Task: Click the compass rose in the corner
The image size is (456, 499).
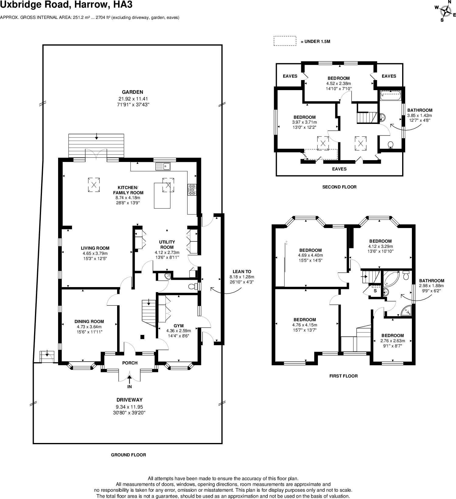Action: click(446, 12)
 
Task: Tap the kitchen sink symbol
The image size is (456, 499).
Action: click(163, 166)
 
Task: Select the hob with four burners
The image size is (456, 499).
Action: click(192, 189)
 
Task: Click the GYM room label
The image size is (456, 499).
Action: click(179, 326)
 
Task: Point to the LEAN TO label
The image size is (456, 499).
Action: click(242, 272)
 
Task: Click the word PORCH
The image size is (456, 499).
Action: click(130, 363)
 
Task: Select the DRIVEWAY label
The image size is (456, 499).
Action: click(129, 400)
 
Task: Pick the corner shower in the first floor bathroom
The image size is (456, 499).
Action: click(406, 311)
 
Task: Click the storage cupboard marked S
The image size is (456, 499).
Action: click(375, 291)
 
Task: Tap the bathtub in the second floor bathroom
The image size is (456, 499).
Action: click(391, 95)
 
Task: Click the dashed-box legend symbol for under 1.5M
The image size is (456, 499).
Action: click(285, 41)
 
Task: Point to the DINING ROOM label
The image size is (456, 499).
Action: click(89, 322)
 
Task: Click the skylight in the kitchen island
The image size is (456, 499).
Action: click(168, 185)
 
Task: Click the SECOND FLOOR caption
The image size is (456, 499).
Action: click(339, 187)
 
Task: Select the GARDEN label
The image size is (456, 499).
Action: click(132, 92)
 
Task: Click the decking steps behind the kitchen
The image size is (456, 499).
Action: click(96, 146)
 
